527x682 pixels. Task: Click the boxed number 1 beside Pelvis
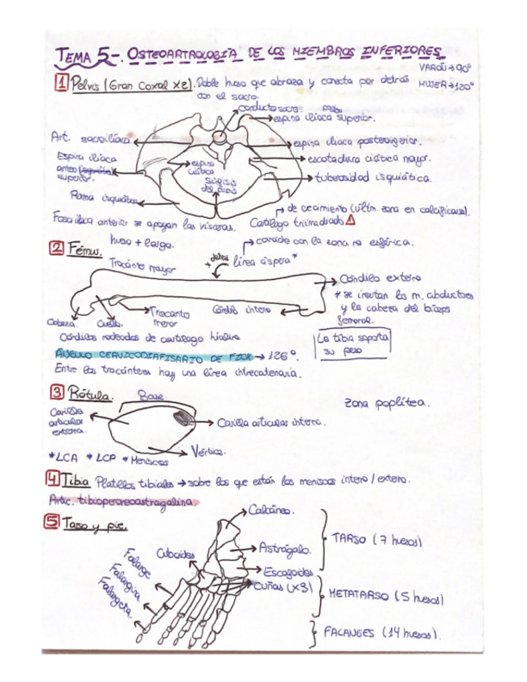click(x=61, y=83)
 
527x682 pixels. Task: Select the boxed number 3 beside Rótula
click(x=58, y=394)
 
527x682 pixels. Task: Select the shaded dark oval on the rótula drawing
click(x=184, y=417)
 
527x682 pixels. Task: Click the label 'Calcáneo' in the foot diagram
click(x=271, y=510)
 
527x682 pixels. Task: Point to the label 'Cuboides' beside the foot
click(x=176, y=554)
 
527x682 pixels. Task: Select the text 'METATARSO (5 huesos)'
click(x=386, y=597)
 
